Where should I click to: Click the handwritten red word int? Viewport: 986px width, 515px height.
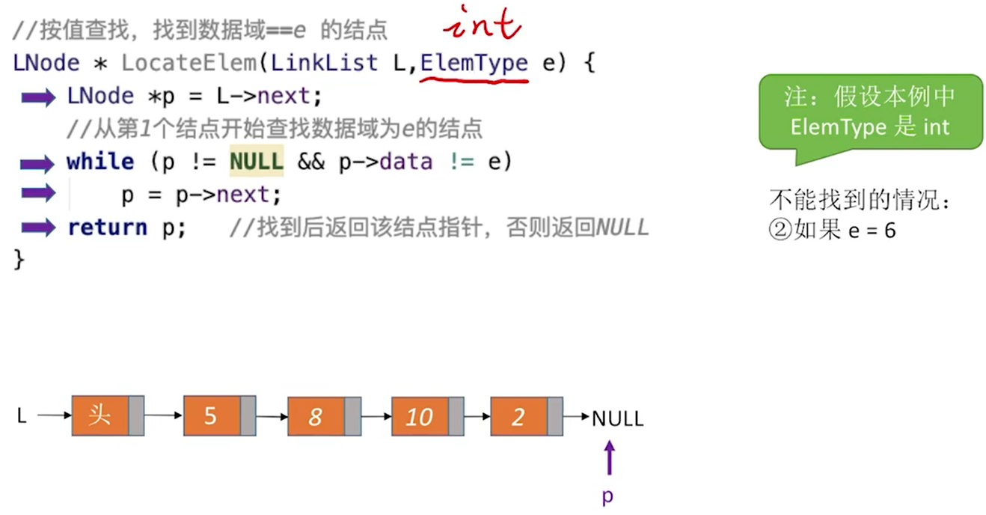(482, 22)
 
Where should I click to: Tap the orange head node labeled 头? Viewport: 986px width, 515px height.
(100, 415)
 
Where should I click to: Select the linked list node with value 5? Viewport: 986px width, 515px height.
(212, 416)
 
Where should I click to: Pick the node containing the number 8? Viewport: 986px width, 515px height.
(316, 416)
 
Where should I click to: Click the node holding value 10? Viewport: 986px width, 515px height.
(420, 416)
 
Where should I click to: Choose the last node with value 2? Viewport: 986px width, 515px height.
(519, 416)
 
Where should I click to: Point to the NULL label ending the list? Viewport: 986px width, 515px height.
(617, 418)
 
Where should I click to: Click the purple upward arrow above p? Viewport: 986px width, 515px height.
(610, 457)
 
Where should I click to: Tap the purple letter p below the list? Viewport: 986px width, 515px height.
(607, 496)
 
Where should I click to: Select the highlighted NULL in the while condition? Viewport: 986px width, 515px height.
(257, 162)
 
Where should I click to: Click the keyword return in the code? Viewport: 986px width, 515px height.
(107, 227)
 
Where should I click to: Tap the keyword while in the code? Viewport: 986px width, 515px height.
(99, 162)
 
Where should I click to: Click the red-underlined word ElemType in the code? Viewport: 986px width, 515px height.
(474, 63)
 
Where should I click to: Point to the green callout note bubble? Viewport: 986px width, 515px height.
(870, 112)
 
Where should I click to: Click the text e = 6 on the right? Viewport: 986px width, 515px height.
(872, 230)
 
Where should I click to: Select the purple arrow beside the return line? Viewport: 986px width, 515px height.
(39, 227)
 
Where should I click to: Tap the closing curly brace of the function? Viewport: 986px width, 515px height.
(19, 259)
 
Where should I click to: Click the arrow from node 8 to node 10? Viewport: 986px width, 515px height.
(376, 416)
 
